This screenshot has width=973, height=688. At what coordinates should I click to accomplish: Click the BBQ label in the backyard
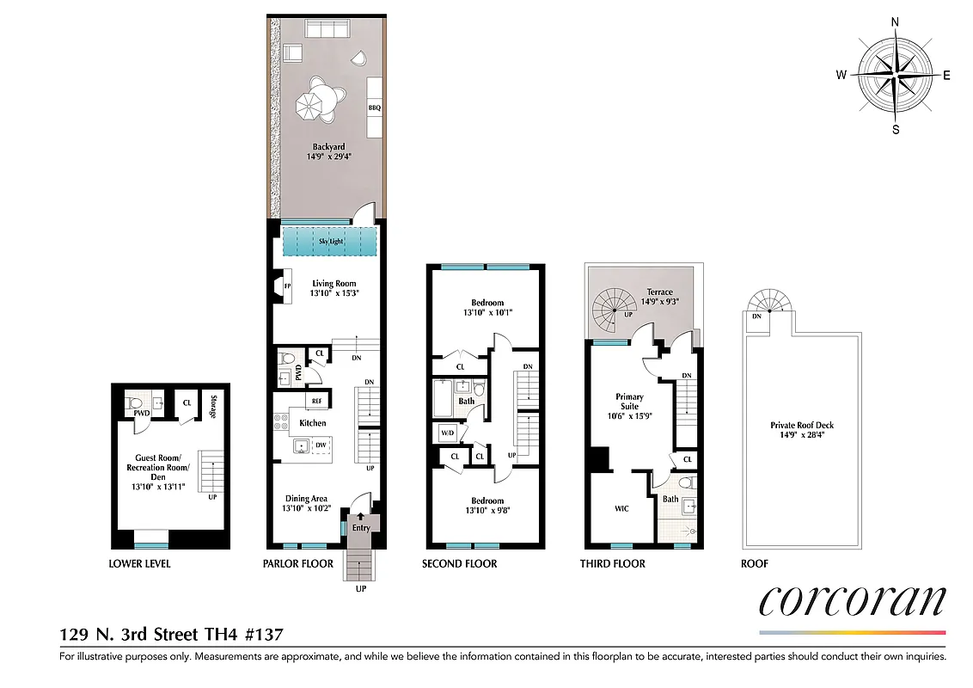point(374,108)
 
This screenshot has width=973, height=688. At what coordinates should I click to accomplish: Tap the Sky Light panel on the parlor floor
point(331,241)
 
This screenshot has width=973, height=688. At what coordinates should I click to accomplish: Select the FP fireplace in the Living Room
point(288,285)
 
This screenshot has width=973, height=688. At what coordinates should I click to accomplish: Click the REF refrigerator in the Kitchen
point(316,401)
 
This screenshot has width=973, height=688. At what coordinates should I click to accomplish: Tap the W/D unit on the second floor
point(447,432)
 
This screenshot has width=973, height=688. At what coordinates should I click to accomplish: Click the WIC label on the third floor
point(621,508)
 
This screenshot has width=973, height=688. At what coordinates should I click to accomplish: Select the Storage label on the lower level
point(212,406)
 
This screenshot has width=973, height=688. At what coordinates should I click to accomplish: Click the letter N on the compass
point(895,22)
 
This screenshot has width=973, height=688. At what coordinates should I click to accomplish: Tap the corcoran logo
point(852,601)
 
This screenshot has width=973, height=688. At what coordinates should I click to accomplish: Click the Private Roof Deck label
point(802,425)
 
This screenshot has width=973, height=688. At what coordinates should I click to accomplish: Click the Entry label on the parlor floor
point(361,527)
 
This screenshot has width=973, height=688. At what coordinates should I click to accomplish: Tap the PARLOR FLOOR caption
point(298,564)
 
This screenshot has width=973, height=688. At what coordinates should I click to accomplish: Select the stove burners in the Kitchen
point(280,422)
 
